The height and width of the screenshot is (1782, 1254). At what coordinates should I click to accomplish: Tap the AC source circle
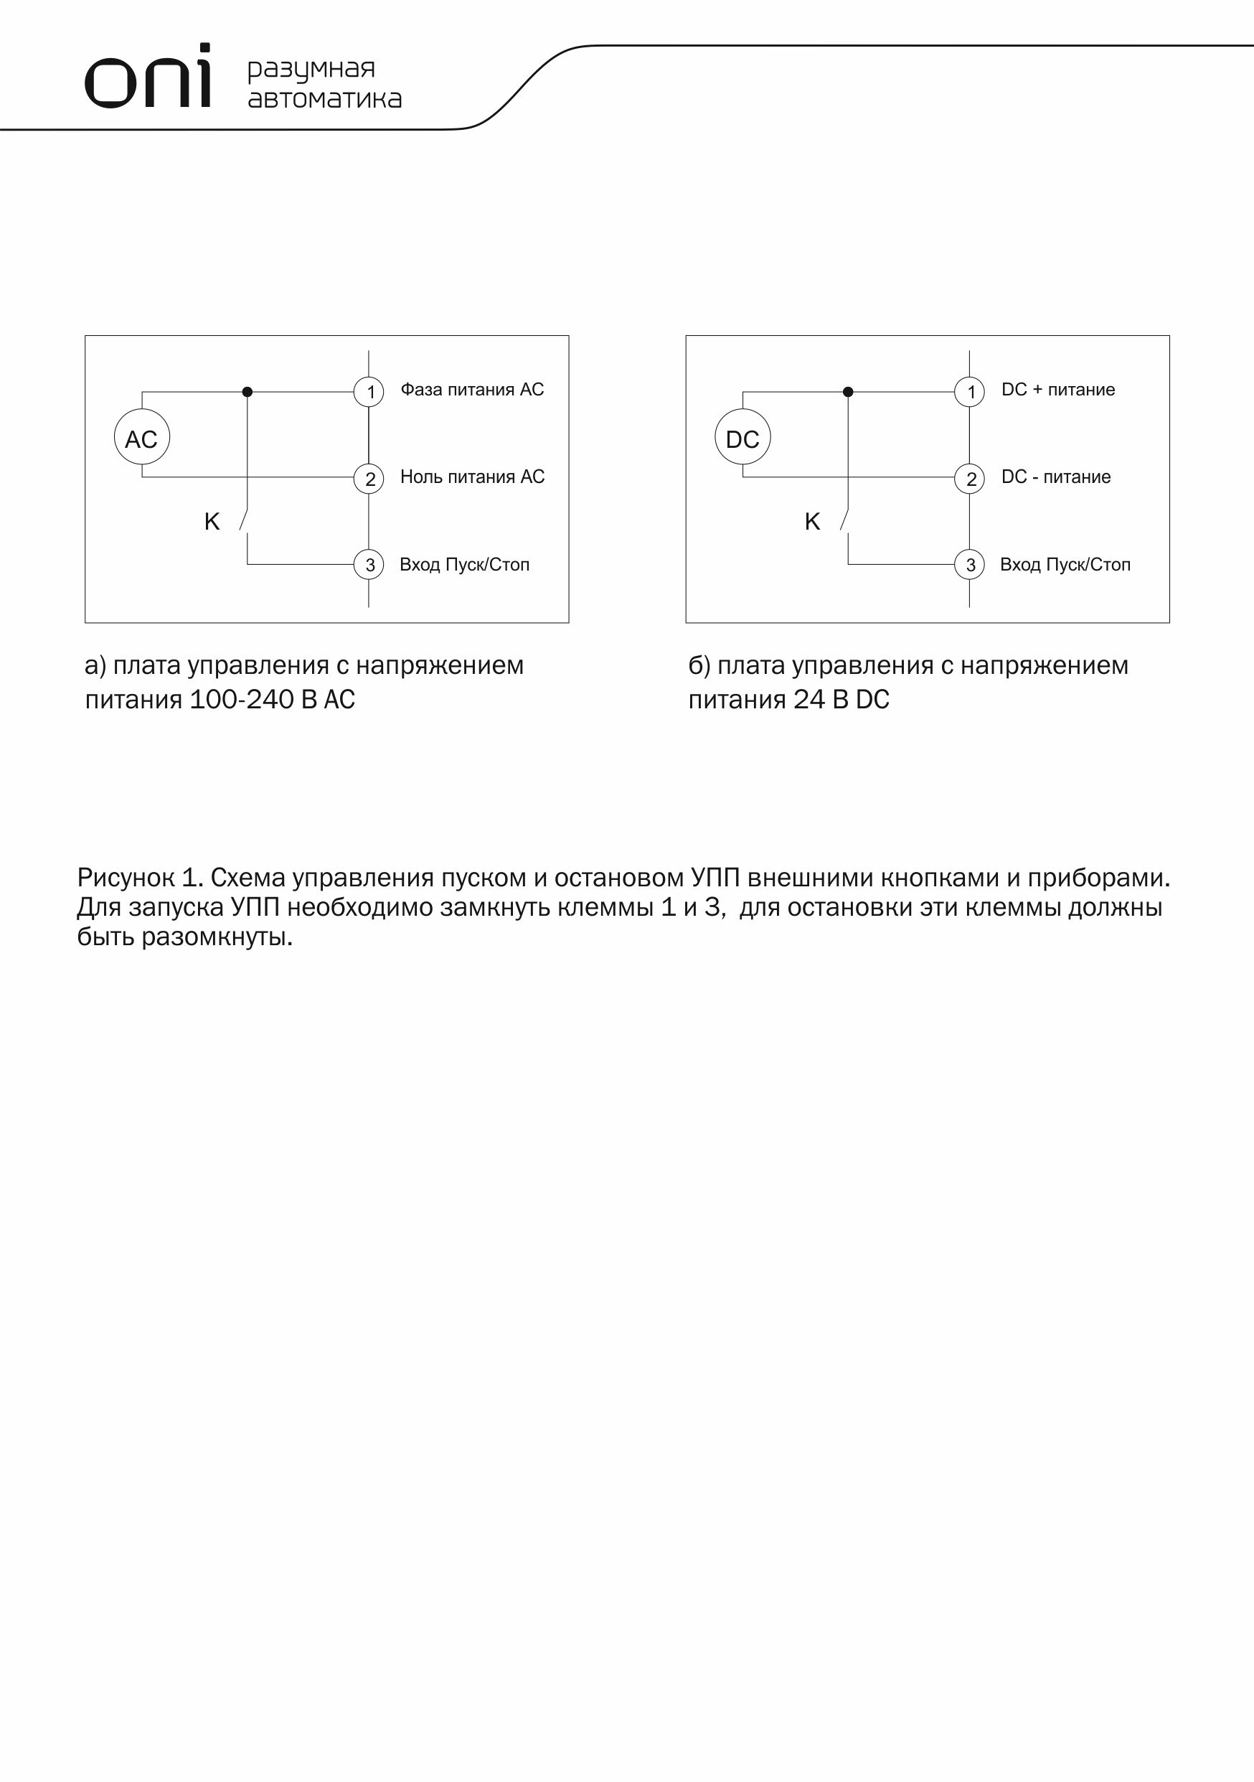142,437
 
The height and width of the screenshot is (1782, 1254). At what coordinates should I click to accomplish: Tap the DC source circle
742,437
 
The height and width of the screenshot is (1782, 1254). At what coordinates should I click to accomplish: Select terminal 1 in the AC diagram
369,391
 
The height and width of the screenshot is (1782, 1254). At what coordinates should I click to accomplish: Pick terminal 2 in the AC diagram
369,478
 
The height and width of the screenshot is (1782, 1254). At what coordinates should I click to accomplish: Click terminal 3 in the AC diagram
369,564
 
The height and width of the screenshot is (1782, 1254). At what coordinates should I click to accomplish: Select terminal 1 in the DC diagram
969,391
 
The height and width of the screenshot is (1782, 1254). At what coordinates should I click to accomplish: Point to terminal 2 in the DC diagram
969,478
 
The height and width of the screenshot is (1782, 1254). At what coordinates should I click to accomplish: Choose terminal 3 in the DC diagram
969,564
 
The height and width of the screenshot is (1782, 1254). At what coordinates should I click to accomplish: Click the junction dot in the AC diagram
247,392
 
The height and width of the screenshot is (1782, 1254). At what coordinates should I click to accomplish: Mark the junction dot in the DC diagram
848,392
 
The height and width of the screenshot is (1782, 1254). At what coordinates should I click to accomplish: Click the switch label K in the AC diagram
212,522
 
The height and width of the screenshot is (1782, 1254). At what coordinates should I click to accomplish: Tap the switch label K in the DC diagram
813,522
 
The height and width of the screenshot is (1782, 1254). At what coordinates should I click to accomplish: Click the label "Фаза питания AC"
472,390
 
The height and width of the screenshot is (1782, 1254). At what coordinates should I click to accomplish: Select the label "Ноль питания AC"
472,477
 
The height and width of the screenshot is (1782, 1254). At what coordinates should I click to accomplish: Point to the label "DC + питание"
1057,390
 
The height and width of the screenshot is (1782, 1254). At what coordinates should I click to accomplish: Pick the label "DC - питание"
1055,477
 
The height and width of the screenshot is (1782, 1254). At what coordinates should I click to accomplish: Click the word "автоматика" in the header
324,99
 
